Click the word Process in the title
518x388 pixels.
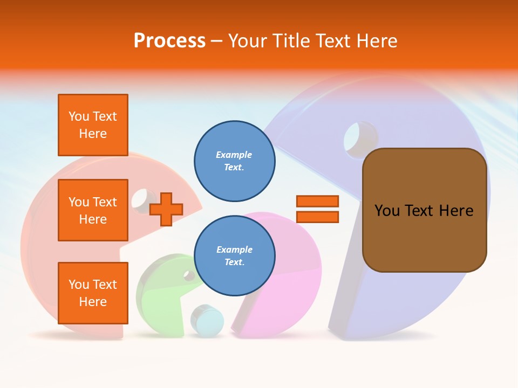coord(169,41)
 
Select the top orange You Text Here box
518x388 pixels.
coord(93,125)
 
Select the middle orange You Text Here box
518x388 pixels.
coord(93,210)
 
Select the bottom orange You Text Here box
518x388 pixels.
coord(93,293)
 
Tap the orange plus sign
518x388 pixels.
coord(166,209)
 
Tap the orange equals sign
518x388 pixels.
coord(317,209)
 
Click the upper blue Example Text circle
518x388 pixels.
coord(235,161)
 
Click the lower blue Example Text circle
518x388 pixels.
coord(235,256)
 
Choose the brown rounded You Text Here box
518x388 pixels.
coord(425,210)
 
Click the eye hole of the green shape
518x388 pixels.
coord(189,276)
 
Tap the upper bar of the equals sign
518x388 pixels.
coord(317,201)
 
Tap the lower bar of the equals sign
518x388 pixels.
coord(317,217)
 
